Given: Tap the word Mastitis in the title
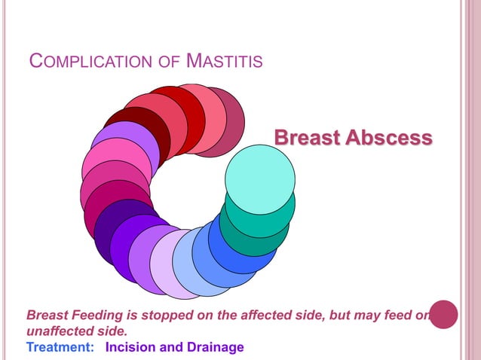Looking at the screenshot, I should (x=224, y=60).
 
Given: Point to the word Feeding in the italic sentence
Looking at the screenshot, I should (x=93, y=316).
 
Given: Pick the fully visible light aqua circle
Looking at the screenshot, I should (x=260, y=179).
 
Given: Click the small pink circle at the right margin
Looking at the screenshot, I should (x=443, y=314).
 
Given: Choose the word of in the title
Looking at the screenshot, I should (x=171, y=60).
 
